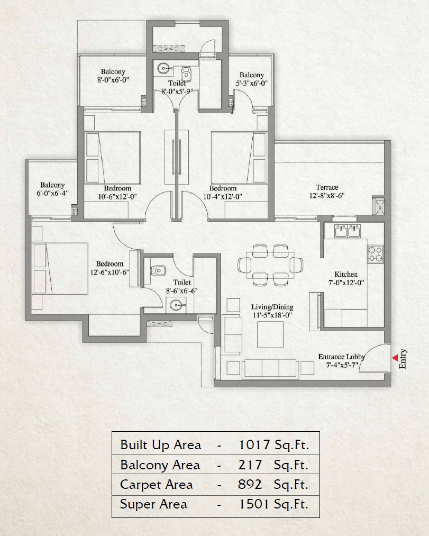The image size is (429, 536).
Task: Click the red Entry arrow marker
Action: click(394, 358)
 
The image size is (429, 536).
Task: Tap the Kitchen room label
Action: click(346, 274)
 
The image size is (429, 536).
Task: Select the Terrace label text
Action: click(327, 187)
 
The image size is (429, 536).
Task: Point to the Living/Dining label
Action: click(272, 307)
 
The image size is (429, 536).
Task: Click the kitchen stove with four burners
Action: click(376, 253)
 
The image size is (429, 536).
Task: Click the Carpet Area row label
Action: click(157, 485)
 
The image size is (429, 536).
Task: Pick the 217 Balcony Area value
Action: click(251, 465)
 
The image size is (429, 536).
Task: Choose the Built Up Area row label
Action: click(161, 444)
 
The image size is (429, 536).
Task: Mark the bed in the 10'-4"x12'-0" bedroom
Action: click(239, 158)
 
